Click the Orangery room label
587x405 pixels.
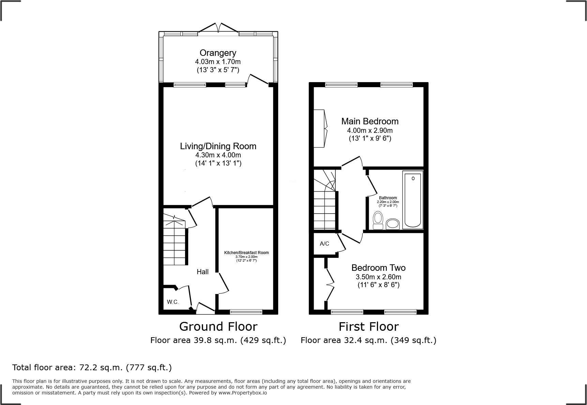click(218, 53)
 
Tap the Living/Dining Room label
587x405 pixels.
click(218, 146)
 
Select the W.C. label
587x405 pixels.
click(173, 302)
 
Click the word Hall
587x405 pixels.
click(202, 272)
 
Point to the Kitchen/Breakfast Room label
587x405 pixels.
click(246, 253)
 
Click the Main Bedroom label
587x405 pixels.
click(370, 121)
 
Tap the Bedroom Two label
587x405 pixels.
click(378, 268)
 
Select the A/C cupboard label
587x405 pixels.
click(324, 244)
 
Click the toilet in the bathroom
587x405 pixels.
click(378, 220)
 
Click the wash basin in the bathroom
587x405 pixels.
click(393, 224)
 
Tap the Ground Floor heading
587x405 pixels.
click(218, 326)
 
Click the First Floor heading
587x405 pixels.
click(368, 326)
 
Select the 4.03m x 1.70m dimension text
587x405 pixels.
click(218, 62)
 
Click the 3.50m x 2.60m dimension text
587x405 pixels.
click(378, 277)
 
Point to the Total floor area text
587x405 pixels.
click(92, 368)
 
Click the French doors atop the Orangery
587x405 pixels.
click(218, 28)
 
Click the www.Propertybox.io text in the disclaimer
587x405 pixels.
click(243, 393)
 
